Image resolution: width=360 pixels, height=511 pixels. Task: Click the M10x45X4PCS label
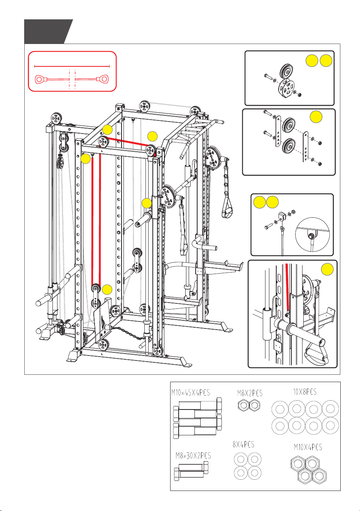point(190,393)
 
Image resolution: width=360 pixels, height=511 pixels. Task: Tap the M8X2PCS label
point(250,393)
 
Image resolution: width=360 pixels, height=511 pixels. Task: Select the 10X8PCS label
point(305,392)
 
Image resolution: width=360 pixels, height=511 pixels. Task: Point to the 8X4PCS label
point(243,444)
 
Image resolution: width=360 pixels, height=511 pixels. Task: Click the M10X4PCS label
point(308,447)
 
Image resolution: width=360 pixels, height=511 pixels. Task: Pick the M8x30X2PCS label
point(193,455)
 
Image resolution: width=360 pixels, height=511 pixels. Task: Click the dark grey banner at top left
point(48,32)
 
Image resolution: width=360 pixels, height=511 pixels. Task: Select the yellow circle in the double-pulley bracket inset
point(316,117)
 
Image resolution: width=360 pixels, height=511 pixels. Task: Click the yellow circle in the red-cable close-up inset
point(327,269)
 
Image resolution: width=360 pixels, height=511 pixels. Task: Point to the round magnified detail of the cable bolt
point(312,235)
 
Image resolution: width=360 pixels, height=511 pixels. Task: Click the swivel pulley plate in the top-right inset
point(287,88)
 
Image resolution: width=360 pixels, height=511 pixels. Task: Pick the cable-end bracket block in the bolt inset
point(282,216)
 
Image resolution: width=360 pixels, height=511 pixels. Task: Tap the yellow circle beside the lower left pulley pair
point(107,290)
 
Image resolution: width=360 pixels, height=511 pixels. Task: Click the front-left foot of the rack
point(73,355)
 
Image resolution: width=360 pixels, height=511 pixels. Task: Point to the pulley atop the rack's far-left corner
point(56,118)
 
